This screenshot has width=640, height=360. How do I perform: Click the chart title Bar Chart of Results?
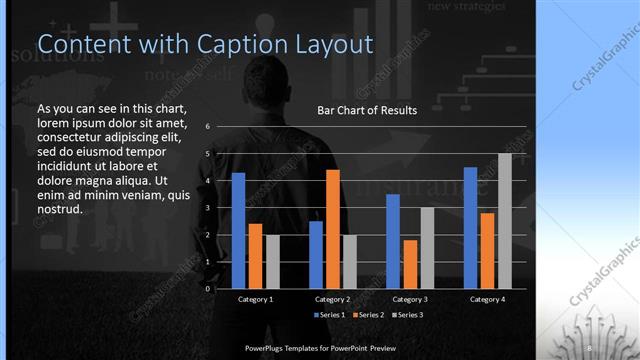point(367,110)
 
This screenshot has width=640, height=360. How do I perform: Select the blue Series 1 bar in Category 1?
point(238,230)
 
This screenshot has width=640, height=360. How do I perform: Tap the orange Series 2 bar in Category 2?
point(333,228)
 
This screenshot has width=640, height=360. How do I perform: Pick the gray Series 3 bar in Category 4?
point(504,220)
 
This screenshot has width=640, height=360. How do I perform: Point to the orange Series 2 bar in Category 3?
point(410,263)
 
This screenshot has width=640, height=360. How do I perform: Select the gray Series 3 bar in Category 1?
point(273,261)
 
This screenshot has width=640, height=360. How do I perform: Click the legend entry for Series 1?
point(331,315)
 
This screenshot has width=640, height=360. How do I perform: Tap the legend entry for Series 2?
point(367,315)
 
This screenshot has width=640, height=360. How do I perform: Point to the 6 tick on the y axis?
point(207,127)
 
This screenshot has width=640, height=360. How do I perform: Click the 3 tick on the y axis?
point(207,207)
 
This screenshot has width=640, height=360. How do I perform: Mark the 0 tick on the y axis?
point(207,288)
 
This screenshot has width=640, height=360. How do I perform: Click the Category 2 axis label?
point(333,299)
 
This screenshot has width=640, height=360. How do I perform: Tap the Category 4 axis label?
point(487,299)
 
